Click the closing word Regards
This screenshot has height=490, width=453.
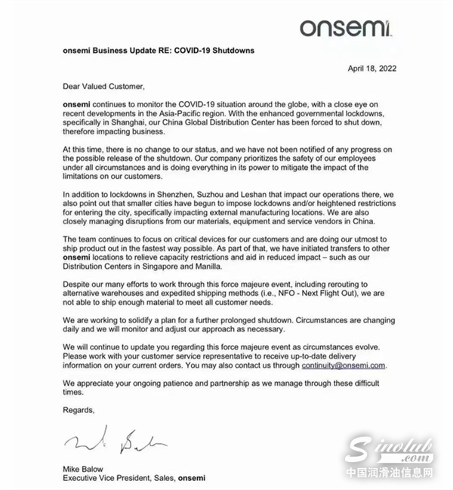[79, 410]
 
